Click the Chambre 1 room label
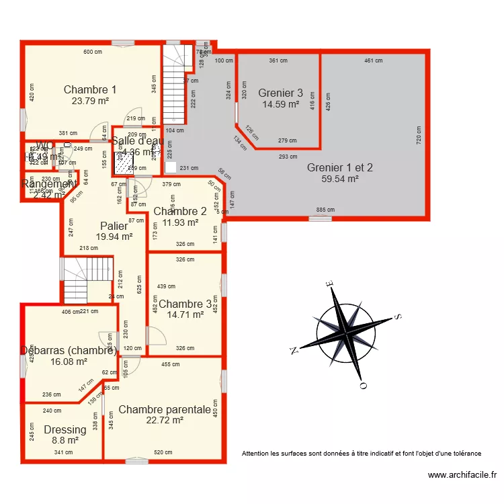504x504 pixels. (x=90, y=89)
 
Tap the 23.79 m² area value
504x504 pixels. (x=90, y=101)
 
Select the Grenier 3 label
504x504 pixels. (x=280, y=93)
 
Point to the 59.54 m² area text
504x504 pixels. (x=339, y=179)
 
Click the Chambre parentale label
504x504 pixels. (x=165, y=409)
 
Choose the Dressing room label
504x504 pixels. (x=65, y=430)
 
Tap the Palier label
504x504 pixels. (x=114, y=226)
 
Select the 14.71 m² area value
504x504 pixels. (x=185, y=314)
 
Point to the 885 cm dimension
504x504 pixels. (x=325, y=210)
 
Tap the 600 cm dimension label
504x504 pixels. (x=93, y=52)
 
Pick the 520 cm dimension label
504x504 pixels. (x=163, y=452)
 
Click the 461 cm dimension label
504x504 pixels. (x=373, y=61)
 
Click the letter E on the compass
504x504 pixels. (x=329, y=285)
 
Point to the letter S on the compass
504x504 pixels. (x=398, y=317)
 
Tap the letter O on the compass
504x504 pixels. (x=363, y=386)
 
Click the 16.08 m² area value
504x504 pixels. (x=69, y=362)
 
